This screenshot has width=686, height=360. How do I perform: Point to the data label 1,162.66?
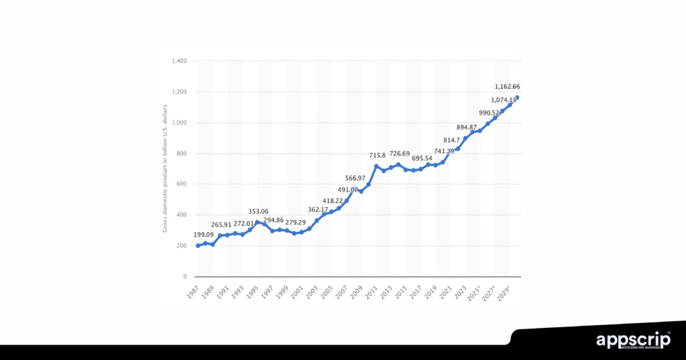[507, 86]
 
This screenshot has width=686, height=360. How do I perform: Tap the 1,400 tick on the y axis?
[178, 61]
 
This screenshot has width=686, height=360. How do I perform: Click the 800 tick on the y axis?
[181, 154]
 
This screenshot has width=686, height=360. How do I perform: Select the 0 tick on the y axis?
[184, 276]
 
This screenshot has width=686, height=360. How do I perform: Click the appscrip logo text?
[633, 341]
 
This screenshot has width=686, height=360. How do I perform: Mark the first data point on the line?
[198, 245]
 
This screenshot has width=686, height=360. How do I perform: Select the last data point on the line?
[517, 98]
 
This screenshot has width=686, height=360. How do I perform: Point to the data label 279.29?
[291, 222]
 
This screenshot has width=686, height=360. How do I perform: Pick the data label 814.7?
[454, 140]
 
